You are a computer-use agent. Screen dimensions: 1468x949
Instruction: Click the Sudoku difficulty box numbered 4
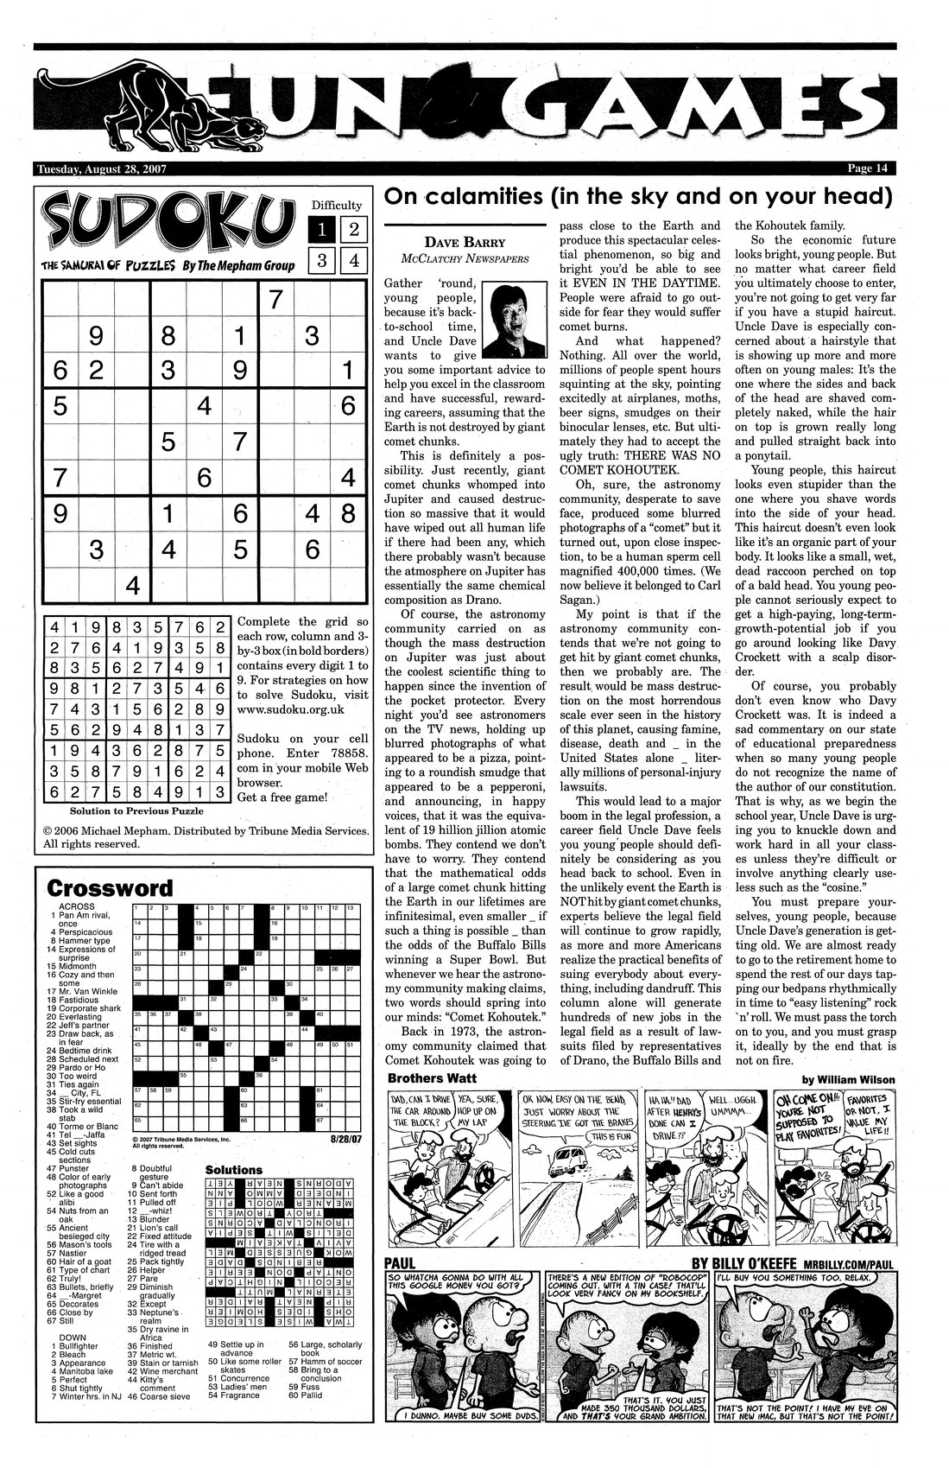354,260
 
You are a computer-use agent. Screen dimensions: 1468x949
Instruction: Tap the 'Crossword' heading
109,887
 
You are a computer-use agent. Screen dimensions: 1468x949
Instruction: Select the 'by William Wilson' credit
848,1079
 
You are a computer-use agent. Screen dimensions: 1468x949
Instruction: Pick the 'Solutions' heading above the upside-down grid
233,1170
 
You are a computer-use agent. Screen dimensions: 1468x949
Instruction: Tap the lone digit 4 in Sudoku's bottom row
132,585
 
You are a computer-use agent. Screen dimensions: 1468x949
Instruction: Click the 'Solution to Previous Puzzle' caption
136,810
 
